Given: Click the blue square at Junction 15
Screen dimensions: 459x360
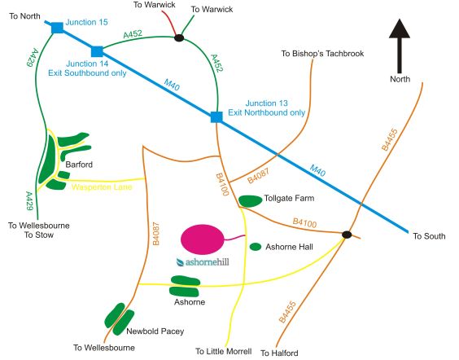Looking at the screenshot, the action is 57,28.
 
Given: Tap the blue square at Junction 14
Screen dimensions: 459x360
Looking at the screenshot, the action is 97,51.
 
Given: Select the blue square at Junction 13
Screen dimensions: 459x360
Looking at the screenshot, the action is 216,117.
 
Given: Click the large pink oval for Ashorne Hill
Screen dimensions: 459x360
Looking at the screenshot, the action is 203,239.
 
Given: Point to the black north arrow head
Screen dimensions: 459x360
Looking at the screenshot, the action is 400,29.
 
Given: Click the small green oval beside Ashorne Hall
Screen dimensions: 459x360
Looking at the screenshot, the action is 256,247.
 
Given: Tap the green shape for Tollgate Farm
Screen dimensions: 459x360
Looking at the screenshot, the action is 251,201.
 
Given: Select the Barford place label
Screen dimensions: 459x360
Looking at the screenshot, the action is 79,165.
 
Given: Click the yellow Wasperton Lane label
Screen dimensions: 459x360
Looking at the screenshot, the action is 102,187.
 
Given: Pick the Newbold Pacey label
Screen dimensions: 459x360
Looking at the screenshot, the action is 155,331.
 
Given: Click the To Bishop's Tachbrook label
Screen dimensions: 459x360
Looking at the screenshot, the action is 322,53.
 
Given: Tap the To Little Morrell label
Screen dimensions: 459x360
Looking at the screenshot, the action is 224,351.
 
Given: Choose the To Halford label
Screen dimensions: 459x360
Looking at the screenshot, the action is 279,353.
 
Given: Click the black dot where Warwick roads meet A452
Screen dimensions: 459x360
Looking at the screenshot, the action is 179,37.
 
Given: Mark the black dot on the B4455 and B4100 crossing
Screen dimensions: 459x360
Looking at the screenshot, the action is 347,235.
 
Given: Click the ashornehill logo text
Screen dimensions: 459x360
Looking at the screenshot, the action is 203,262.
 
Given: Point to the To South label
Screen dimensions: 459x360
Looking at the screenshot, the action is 429,236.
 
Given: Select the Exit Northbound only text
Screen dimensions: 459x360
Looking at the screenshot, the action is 267,112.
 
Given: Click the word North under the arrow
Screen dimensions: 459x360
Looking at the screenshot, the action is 400,79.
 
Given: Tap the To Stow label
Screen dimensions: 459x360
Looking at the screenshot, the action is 39,235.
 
